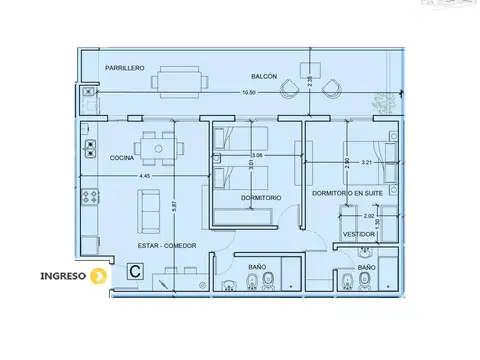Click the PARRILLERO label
(x=126, y=67)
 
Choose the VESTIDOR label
(x=359, y=234)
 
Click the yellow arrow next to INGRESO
(x=98, y=276)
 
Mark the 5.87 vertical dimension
(x=175, y=205)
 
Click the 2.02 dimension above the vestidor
(x=368, y=215)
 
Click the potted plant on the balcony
(x=381, y=101)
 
